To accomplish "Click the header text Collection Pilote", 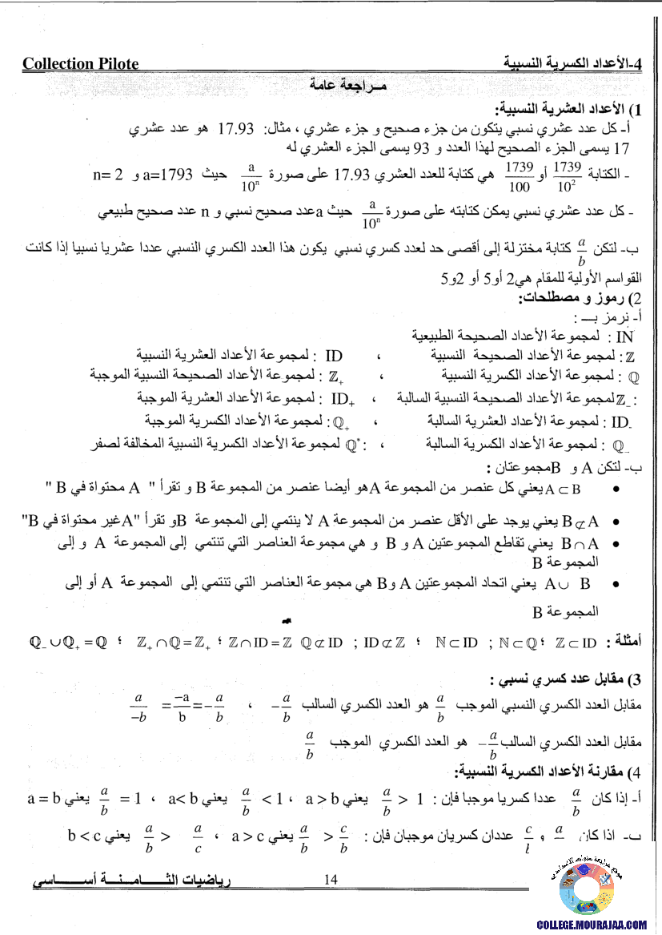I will [x=80, y=64].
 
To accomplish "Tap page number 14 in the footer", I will [x=331, y=880].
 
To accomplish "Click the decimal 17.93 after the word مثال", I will [x=235, y=128].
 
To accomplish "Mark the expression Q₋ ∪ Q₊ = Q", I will [x=67, y=642].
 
